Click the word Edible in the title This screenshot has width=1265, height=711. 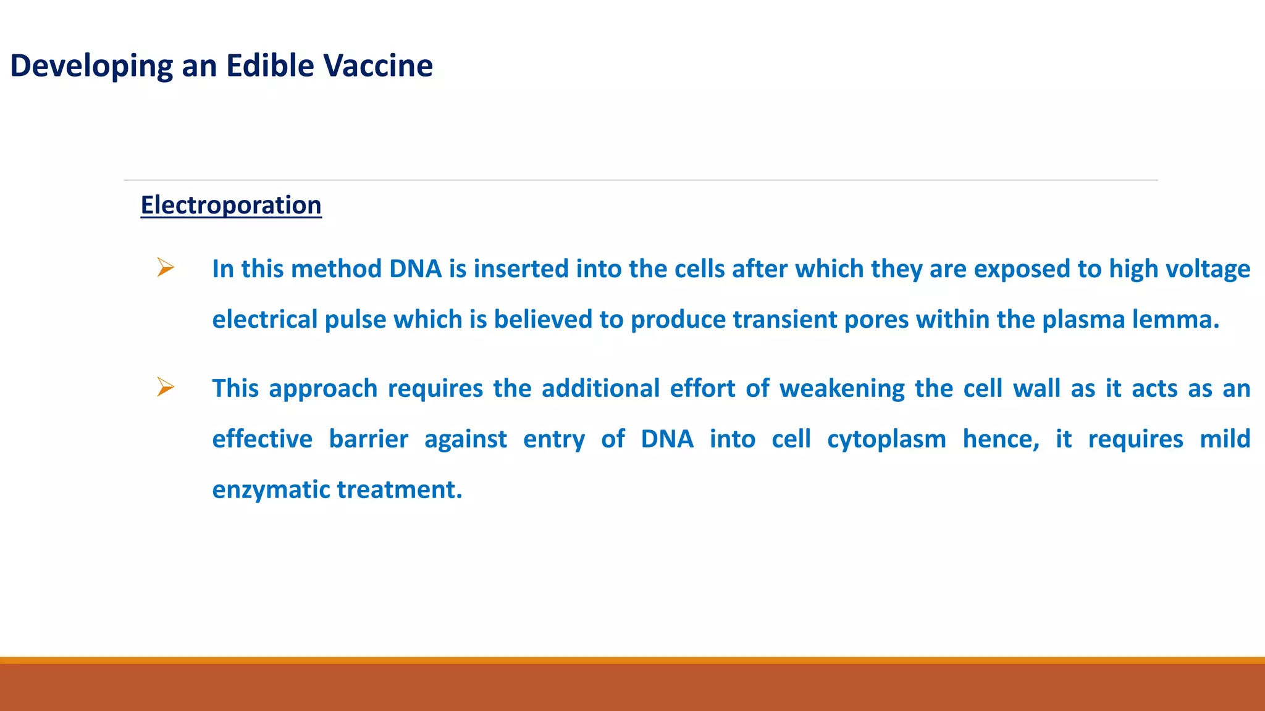tap(269, 65)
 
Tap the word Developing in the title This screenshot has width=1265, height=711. tap(91, 67)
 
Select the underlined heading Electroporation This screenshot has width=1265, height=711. tap(231, 205)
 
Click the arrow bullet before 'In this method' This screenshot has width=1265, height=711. tap(166, 267)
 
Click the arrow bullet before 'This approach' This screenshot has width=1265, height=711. tap(166, 387)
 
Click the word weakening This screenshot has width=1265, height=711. tap(841, 389)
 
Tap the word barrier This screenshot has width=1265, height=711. tap(368, 439)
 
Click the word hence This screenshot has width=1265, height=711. tap(1001, 439)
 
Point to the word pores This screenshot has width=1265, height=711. tap(876, 320)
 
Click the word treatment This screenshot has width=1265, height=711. tap(399, 489)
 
